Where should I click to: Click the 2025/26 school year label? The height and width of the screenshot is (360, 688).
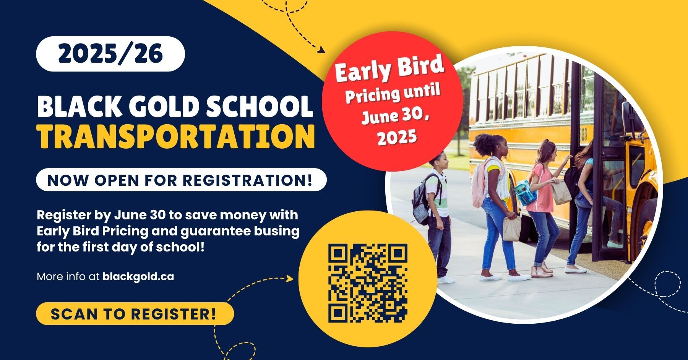click(x=110, y=54)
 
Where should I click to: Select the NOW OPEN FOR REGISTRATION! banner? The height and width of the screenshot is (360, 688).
click(x=181, y=180)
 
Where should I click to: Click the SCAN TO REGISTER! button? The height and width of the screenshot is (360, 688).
click(x=135, y=314)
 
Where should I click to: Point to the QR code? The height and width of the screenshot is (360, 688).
click(x=368, y=283)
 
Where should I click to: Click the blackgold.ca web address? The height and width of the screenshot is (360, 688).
click(x=138, y=276)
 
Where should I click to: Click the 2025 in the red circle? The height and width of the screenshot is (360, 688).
click(x=397, y=137)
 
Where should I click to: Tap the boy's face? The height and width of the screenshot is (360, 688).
click(x=439, y=162)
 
